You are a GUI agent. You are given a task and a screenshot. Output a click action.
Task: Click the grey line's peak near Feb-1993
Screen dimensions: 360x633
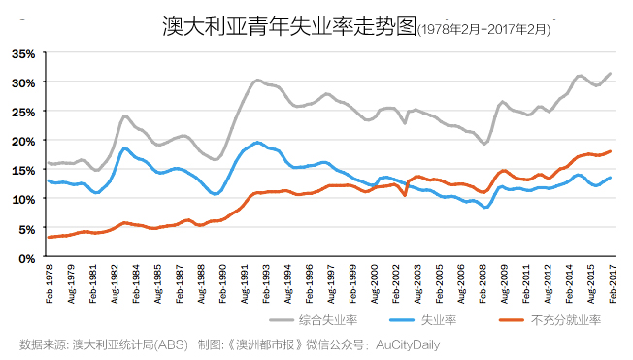point(258,81)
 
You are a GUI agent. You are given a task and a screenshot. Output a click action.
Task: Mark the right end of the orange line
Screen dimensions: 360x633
point(610,151)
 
